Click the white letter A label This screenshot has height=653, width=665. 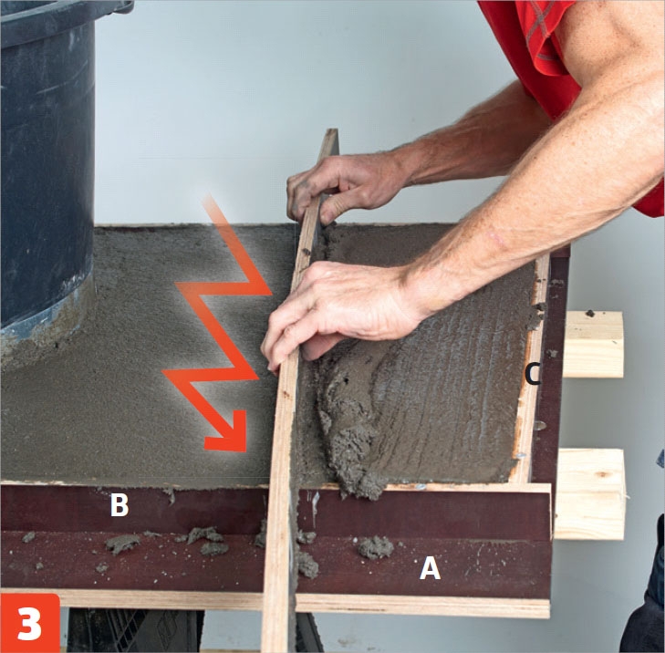[x=430, y=568]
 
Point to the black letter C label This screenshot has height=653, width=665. [x=533, y=374]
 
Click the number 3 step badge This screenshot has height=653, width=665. [x=30, y=623]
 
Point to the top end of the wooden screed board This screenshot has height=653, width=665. [x=332, y=131]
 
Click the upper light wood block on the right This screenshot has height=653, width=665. [x=593, y=345]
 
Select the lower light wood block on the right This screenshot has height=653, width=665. [x=589, y=494]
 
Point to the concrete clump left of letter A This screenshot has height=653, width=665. [x=376, y=547]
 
